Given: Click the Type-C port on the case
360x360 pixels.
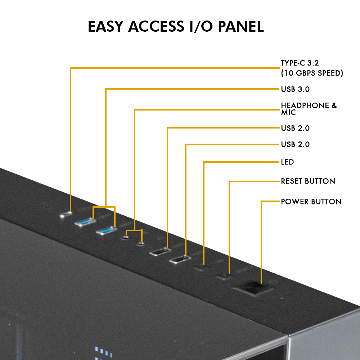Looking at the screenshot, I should [x=66, y=215].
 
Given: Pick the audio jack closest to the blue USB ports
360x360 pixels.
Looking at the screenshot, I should [x=126, y=237].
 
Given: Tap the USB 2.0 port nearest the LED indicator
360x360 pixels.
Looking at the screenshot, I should [x=180, y=259].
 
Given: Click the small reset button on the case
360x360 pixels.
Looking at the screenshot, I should [x=224, y=277].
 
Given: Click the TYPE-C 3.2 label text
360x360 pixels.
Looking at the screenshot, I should [x=300, y=63].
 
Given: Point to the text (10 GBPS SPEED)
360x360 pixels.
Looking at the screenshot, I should [x=312, y=73].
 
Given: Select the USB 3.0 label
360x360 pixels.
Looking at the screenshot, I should [x=295, y=89].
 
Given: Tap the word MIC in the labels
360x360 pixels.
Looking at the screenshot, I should [x=288, y=113].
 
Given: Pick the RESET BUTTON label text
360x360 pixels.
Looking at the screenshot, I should [x=308, y=181].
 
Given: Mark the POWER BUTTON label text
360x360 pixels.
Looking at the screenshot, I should [x=311, y=201].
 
